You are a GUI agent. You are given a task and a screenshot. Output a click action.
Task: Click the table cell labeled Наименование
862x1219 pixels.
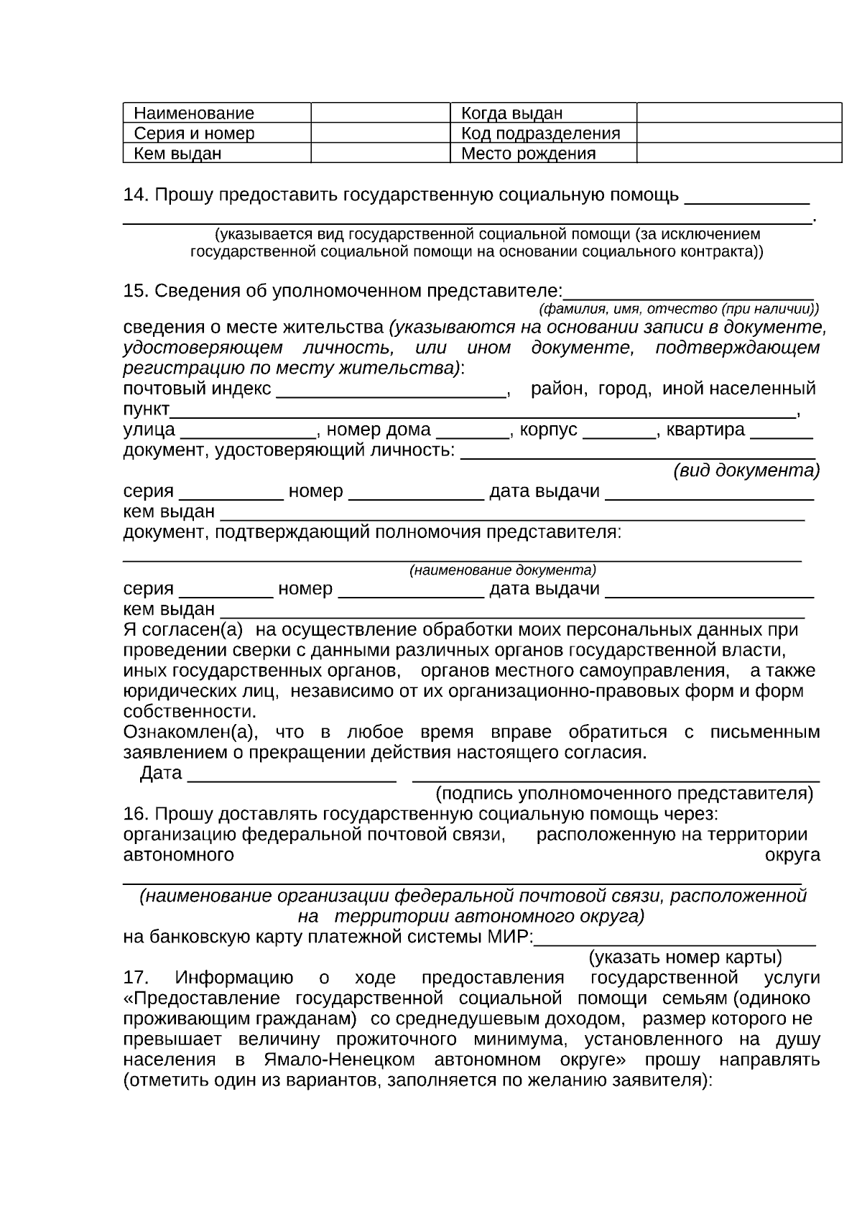click(194, 113)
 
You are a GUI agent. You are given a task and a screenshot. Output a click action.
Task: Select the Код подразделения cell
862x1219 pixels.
click(540, 134)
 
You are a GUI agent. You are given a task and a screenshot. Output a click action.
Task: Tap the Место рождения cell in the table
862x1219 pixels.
click(528, 154)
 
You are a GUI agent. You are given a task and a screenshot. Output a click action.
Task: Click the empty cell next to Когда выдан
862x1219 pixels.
click(738, 113)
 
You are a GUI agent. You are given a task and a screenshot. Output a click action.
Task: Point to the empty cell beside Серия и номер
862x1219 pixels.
click(380, 133)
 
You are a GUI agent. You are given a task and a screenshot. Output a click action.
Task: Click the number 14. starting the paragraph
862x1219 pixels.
click(136, 195)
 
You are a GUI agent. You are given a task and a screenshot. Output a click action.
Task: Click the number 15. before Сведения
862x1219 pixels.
click(136, 291)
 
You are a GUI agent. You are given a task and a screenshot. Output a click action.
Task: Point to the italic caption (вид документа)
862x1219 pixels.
click(746, 471)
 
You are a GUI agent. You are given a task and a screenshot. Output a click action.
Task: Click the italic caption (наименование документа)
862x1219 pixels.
click(503, 571)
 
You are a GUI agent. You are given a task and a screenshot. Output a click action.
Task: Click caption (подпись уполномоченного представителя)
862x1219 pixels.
click(624, 794)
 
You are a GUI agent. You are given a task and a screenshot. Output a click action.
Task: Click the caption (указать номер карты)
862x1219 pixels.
click(685, 958)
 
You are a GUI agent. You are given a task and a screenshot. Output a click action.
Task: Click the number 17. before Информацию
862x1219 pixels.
click(136, 978)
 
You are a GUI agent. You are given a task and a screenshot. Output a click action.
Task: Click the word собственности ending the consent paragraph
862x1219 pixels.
click(189, 712)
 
